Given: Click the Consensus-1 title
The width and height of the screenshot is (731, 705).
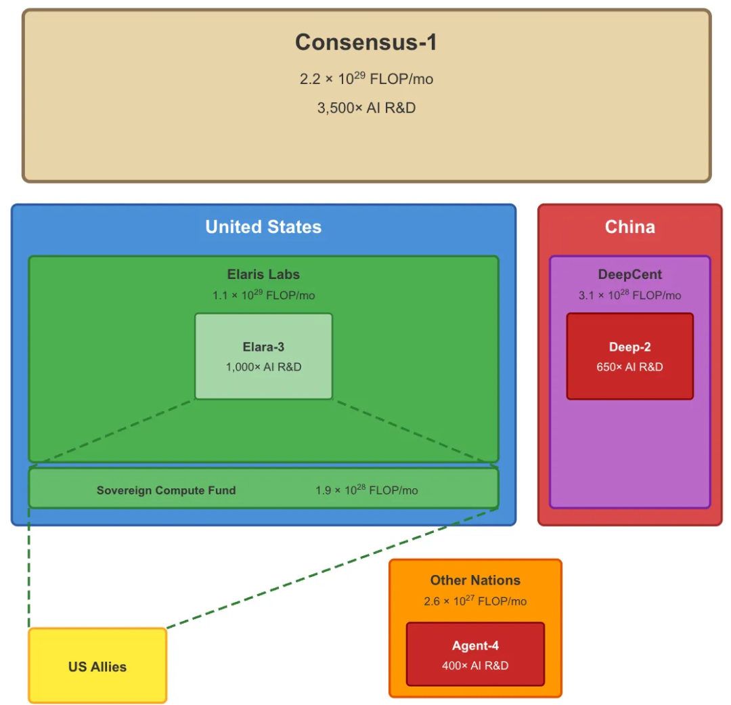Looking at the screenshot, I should tap(366, 43).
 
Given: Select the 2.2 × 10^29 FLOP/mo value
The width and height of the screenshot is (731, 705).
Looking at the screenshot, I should tap(366, 79).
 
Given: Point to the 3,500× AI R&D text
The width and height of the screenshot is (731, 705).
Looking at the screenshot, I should tap(366, 108).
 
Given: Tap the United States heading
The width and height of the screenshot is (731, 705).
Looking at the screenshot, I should tap(263, 227).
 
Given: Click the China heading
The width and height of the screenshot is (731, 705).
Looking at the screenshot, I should tap(629, 227).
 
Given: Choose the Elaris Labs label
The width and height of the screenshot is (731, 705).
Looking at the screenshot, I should tap(263, 274).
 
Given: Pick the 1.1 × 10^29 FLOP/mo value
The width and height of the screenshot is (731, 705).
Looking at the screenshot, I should tap(263, 295).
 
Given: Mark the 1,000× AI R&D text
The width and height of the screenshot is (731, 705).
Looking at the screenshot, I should tap(263, 367).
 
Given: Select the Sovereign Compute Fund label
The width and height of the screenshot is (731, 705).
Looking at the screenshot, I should tap(166, 490).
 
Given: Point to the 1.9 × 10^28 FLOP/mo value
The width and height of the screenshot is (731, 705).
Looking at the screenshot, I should tap(366, 490).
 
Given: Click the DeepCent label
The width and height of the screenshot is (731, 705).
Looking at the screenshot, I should tap(629, 274).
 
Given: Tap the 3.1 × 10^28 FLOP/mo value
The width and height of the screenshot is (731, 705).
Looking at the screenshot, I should tap(629, 295).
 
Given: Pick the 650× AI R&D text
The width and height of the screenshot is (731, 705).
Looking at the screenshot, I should tap(629, 367).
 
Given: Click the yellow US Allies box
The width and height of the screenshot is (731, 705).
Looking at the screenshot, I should tap(97, 666).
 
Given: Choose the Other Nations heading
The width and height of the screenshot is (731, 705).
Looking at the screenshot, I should tap(475, 580).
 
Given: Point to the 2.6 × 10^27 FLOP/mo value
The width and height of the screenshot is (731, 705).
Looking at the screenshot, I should tap(475, 601).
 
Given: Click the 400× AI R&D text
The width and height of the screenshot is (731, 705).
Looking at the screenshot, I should tap(475, 666).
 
